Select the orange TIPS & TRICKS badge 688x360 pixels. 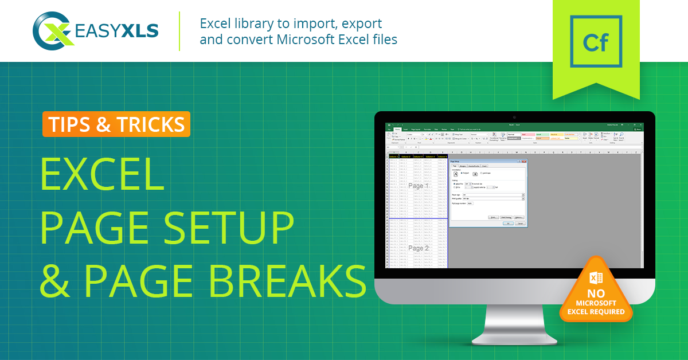116,124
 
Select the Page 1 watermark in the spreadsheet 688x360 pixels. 418,186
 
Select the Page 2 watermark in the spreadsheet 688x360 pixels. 418,248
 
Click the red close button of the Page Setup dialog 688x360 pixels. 524,162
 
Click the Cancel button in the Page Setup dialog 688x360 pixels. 519,224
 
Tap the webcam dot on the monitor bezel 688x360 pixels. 514,117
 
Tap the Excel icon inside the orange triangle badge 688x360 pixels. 596,277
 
